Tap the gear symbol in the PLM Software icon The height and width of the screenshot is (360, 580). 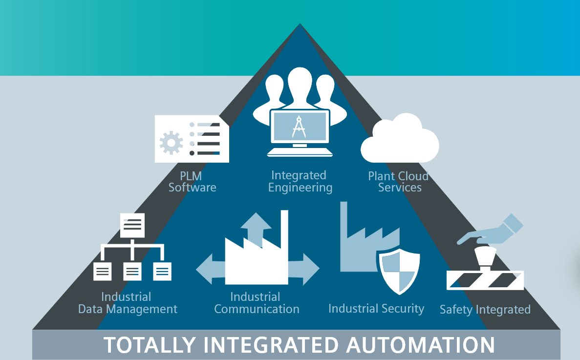point(171,143)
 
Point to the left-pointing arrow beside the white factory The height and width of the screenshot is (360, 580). point(209,268)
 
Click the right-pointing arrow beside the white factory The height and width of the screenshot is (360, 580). point(305,268)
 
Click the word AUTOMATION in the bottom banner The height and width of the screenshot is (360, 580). point(421,345)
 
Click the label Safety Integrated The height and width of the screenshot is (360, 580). point(485,310)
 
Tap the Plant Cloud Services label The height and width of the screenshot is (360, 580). point(399,182)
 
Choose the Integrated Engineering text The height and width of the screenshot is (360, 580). point(300,181)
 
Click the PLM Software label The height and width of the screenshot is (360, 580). point(192,181)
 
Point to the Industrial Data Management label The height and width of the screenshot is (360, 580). point(128,303)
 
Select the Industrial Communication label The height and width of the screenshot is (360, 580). point(257,303)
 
